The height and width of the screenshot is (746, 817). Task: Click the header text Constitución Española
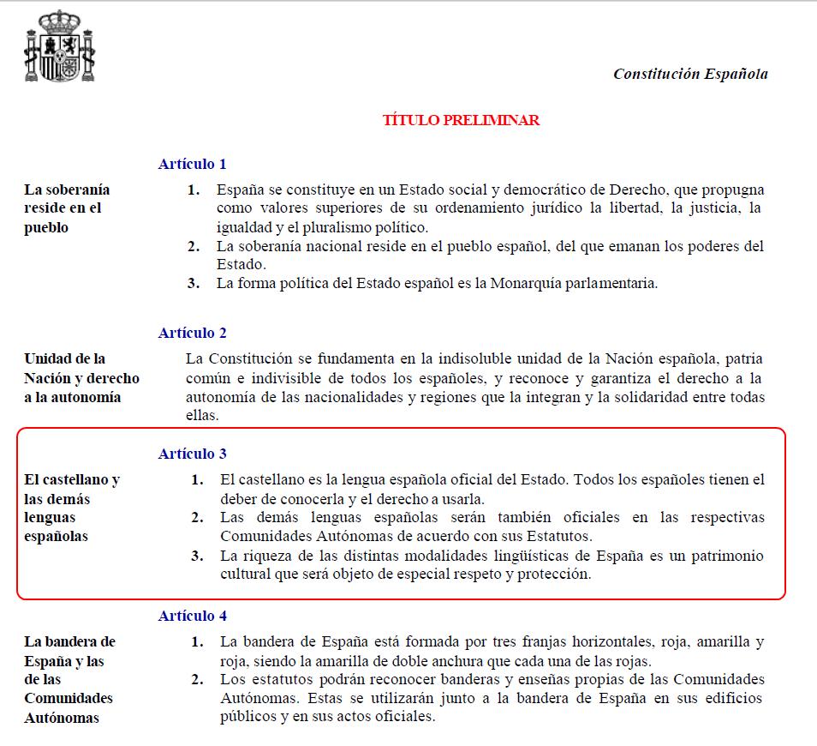690,74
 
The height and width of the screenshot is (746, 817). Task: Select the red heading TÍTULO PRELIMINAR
461,120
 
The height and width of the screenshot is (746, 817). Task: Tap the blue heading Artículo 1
192,164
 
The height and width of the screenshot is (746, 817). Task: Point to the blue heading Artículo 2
192,333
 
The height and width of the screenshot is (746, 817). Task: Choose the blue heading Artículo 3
192,454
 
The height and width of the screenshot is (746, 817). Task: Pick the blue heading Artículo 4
192,616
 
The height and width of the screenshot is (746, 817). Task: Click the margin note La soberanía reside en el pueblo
67,208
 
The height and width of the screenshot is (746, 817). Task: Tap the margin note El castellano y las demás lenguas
71,508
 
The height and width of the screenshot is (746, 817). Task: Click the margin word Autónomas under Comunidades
62,718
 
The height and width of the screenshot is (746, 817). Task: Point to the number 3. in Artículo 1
194,284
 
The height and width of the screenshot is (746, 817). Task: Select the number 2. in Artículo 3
197,517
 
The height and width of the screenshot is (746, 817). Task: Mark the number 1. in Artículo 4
197,641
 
